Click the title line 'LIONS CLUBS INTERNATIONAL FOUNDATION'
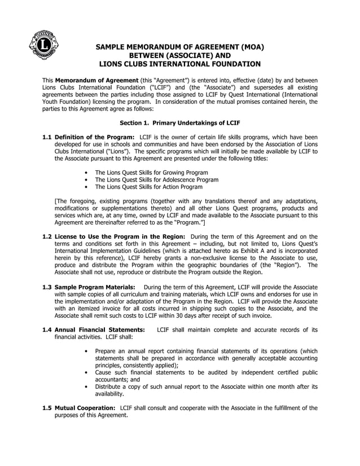(179, 64)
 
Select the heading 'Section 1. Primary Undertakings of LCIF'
(180, 122)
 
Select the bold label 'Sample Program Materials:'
(95, 287)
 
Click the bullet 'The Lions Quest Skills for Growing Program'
(151, 173)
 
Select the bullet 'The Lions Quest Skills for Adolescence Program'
(156, 180)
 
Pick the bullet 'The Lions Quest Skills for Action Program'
(148, 187)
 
